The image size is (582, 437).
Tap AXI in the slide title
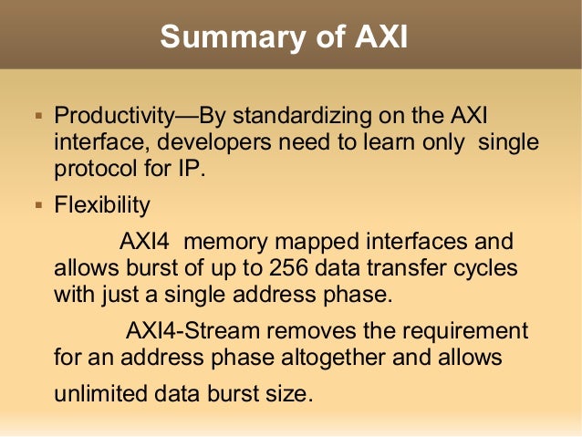[379, 36]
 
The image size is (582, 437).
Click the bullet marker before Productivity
[38, 118]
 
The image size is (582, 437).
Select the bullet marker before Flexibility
[38, 205]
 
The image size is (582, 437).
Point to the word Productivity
[114, 117]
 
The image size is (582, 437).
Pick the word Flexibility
[101, 205]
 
